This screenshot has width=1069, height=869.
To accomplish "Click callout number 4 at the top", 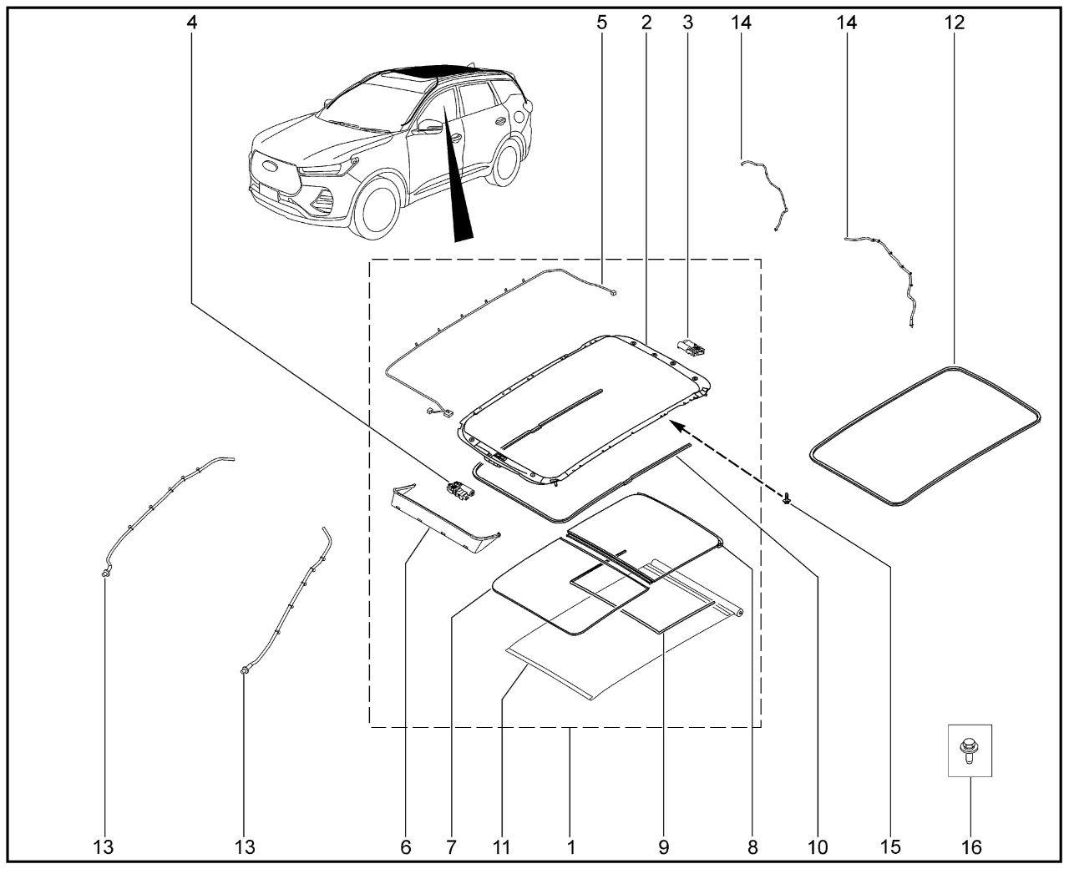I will click(192, 23).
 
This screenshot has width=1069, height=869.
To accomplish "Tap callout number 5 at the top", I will click(601, 23).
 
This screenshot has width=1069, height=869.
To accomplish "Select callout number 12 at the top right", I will click(954, 23).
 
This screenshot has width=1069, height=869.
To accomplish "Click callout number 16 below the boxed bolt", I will click(970, 847).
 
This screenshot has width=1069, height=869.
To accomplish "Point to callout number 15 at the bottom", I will click(890, 847).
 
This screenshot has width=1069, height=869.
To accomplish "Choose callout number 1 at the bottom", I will click(570, 847).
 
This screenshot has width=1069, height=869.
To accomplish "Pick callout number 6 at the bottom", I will click(406, 847).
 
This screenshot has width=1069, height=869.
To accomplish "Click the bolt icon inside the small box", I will click(970, 750).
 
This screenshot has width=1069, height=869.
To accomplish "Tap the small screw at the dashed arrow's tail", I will click(787, 499).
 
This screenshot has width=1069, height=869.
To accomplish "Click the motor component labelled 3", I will click(692, 347).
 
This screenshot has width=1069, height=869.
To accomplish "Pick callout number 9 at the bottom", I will click(664, 847).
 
